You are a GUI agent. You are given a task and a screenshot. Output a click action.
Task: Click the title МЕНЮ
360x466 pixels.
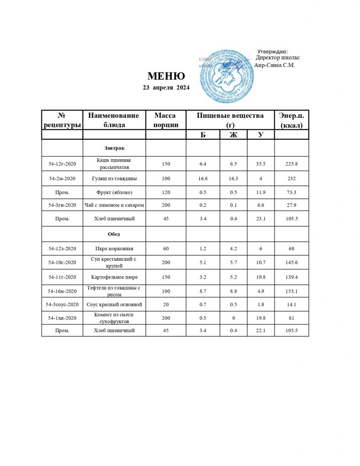[x=166, y=76]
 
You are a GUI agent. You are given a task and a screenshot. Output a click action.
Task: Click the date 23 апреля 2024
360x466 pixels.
[x=166, y=87]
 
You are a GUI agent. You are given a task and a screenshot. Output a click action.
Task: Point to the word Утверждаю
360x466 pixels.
[x=273, y=51]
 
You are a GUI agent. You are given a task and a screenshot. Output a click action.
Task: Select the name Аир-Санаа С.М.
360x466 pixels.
[x=274, y=65]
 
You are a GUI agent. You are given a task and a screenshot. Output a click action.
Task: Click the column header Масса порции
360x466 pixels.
[x=165, y=120]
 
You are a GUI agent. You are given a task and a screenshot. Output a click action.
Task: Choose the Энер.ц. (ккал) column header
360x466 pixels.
[x=291, y=120]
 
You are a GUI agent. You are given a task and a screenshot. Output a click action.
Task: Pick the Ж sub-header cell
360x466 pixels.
[x=233, y=135]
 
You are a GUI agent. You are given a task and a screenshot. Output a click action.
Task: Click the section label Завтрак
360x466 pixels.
[x=114, y=148]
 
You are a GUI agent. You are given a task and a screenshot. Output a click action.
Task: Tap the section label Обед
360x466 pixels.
[x=114, y=233]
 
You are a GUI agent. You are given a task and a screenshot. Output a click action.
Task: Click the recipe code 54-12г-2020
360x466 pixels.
[x=62, y=163]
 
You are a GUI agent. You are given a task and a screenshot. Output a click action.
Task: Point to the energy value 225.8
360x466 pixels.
[x=291, y=163]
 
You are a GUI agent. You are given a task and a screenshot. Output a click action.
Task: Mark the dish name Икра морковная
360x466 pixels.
[x=114, y=249]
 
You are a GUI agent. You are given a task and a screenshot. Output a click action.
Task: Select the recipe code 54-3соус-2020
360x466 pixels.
[x=62, y=304]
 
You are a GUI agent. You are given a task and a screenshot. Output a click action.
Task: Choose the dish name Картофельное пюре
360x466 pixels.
[x=114, y=276]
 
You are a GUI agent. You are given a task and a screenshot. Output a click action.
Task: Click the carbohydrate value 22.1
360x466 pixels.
[x=261, y=330]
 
